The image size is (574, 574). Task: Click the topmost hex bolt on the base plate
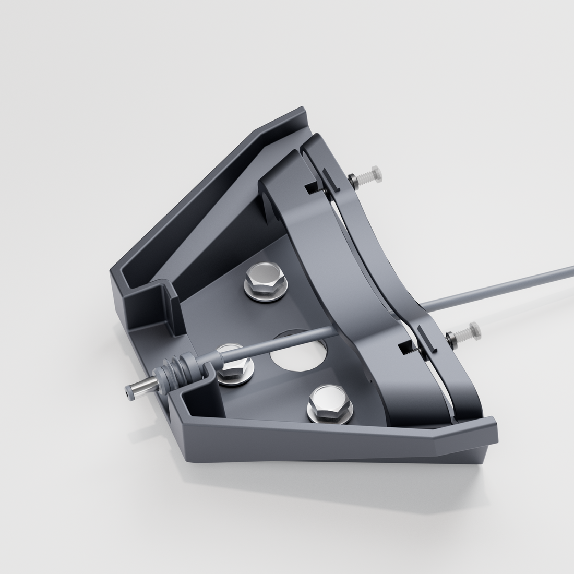[265, 282]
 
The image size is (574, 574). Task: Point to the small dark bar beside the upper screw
[331, 180]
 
